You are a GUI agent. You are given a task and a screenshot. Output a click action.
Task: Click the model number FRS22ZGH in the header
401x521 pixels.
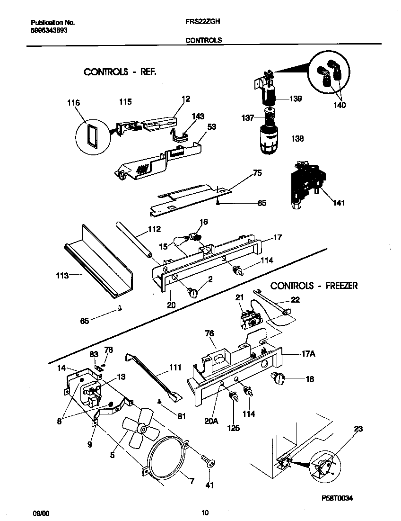click(x=202, y=22)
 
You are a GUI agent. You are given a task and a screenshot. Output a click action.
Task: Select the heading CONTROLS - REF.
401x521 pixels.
click(x=120, y=72)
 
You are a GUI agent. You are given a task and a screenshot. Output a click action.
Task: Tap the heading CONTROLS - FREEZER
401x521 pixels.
click(x=314, y=286)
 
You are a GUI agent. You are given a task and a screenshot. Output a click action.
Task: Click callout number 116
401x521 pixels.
click(x=74, y=103)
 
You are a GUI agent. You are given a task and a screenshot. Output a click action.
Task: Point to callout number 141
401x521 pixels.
click(x=339, y=203)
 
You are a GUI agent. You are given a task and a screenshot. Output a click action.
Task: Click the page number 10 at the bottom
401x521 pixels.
click(x=205, y=512)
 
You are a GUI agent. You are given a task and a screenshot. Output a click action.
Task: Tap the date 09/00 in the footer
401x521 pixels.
click(x=41, y=512)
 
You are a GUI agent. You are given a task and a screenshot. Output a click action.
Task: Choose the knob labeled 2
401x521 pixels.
click(x=193, y=293)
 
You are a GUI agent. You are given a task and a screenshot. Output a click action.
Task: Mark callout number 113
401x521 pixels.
click(x=62, y=275)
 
